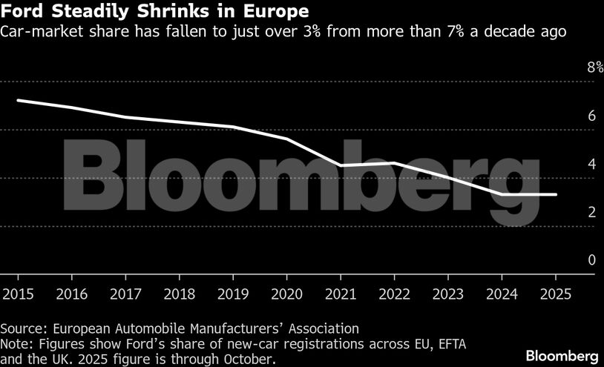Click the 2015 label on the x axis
pyautogui.click(x=18, y=294)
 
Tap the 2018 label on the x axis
pyautogui.click(x=180, y=294)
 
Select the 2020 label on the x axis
pyautogui.click(x=287, y=294)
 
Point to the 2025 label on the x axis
pyautogui.click(x=557, y=294)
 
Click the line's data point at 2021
pyautogui.click(x=341, y=165)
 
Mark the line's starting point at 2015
pyautogui.click(x=18, y=100)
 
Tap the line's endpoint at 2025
pyautogui.click(x=557, y=194)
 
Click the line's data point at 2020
pyautogui.click(x=287, y=139)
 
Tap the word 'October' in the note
pyautogui.click(x=249, y=359)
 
